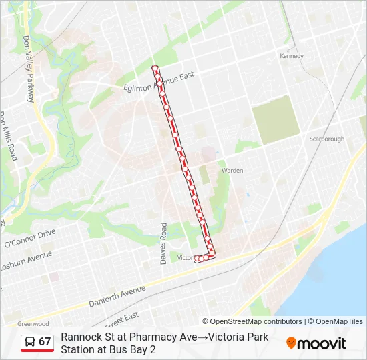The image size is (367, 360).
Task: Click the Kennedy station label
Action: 292,56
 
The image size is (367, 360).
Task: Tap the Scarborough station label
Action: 327,139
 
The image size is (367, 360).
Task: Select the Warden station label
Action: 232,170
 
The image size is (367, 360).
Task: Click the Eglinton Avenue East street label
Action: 159,82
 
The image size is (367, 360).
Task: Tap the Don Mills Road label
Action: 9,136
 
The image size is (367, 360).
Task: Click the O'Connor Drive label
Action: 29,236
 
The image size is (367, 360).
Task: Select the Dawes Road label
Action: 163,243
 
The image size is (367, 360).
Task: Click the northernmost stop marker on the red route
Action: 155,68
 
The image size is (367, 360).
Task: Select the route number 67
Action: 45,342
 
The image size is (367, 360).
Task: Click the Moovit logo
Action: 316,343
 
